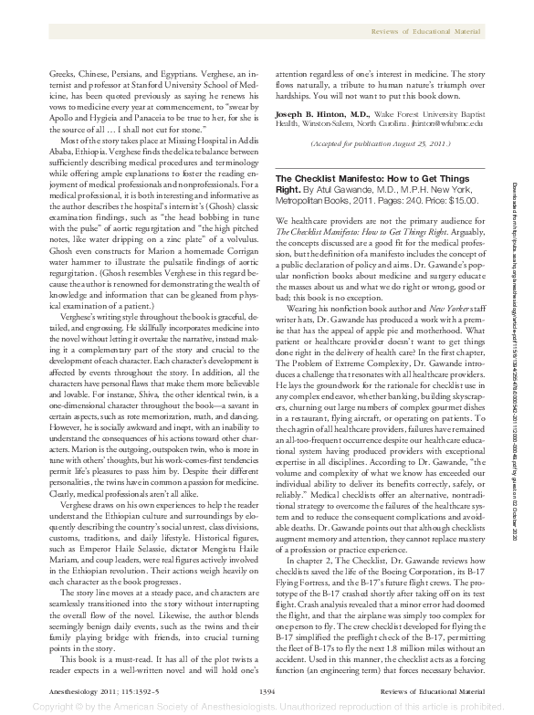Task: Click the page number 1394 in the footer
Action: (x=267, y=689)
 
